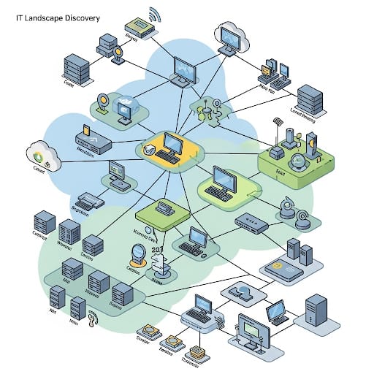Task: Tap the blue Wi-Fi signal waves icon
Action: tap(154, 15)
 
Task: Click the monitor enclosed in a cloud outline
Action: tap(230, 37)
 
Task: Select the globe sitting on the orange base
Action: tap(136, 254)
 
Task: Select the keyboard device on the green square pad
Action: tap(164, 210)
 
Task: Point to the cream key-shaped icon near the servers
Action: tap(93, 319)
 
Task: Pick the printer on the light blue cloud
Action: tap(86, 199)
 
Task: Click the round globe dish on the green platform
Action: tap(297, 161)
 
